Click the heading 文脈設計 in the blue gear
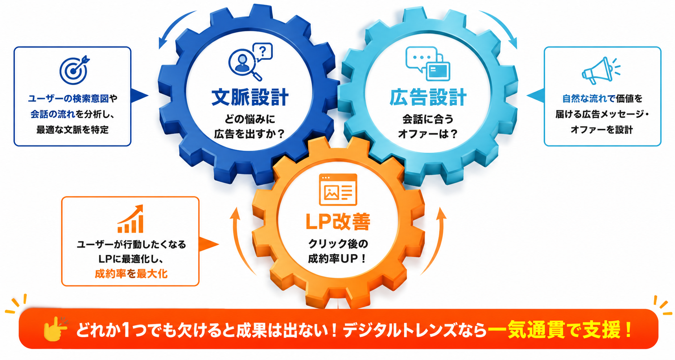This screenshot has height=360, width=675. tap(250, 97)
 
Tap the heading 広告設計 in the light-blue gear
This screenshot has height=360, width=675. tap(428, 97)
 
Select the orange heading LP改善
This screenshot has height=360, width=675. tap(338, 222)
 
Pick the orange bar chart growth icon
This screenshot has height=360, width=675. tap(131, 219)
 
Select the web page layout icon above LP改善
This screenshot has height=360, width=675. tap(338, 189)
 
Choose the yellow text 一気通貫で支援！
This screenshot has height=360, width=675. tap(560, 330)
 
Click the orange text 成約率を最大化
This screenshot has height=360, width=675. tap(131, 274)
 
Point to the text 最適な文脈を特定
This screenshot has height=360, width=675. tap(72, 130)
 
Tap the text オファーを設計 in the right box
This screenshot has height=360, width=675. tap(602, 130)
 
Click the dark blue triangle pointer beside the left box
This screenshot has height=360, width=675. tap(139, 96)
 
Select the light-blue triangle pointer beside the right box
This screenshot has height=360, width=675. tap(535, 96)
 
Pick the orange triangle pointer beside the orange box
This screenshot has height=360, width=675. tap(208, 244)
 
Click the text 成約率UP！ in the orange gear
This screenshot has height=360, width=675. tap(338, 259)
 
